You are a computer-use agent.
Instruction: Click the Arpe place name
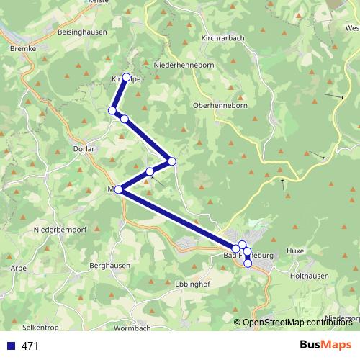(19, 267)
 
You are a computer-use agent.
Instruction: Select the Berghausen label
(109, 265)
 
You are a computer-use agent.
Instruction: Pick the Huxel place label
(296, 251)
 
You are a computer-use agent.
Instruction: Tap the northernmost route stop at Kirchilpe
(127, 77)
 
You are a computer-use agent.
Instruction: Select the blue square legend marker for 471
(10, 346)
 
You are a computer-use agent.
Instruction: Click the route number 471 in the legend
(30, 346)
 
